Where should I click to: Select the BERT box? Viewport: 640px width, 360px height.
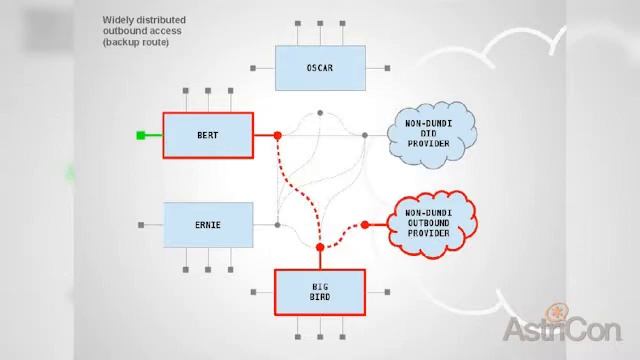coord(207,134)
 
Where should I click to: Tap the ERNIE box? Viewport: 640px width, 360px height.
coord(207,224)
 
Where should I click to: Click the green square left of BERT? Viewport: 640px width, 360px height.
coord(141,135)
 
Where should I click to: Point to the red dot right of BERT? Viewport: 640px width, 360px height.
coord(277,134)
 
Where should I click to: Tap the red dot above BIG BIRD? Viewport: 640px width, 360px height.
coord(320,246)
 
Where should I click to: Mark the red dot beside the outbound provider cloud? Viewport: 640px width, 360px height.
coord(365,225)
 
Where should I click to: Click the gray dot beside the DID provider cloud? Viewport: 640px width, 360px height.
coord(365,134)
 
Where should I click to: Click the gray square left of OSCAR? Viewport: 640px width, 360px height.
coord(254,68)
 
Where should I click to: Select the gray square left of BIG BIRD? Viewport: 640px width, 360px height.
coord(254,292)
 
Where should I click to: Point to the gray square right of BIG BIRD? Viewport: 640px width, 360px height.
coord(386,292)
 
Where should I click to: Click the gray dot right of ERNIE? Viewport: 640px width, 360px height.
coord(276,224)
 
